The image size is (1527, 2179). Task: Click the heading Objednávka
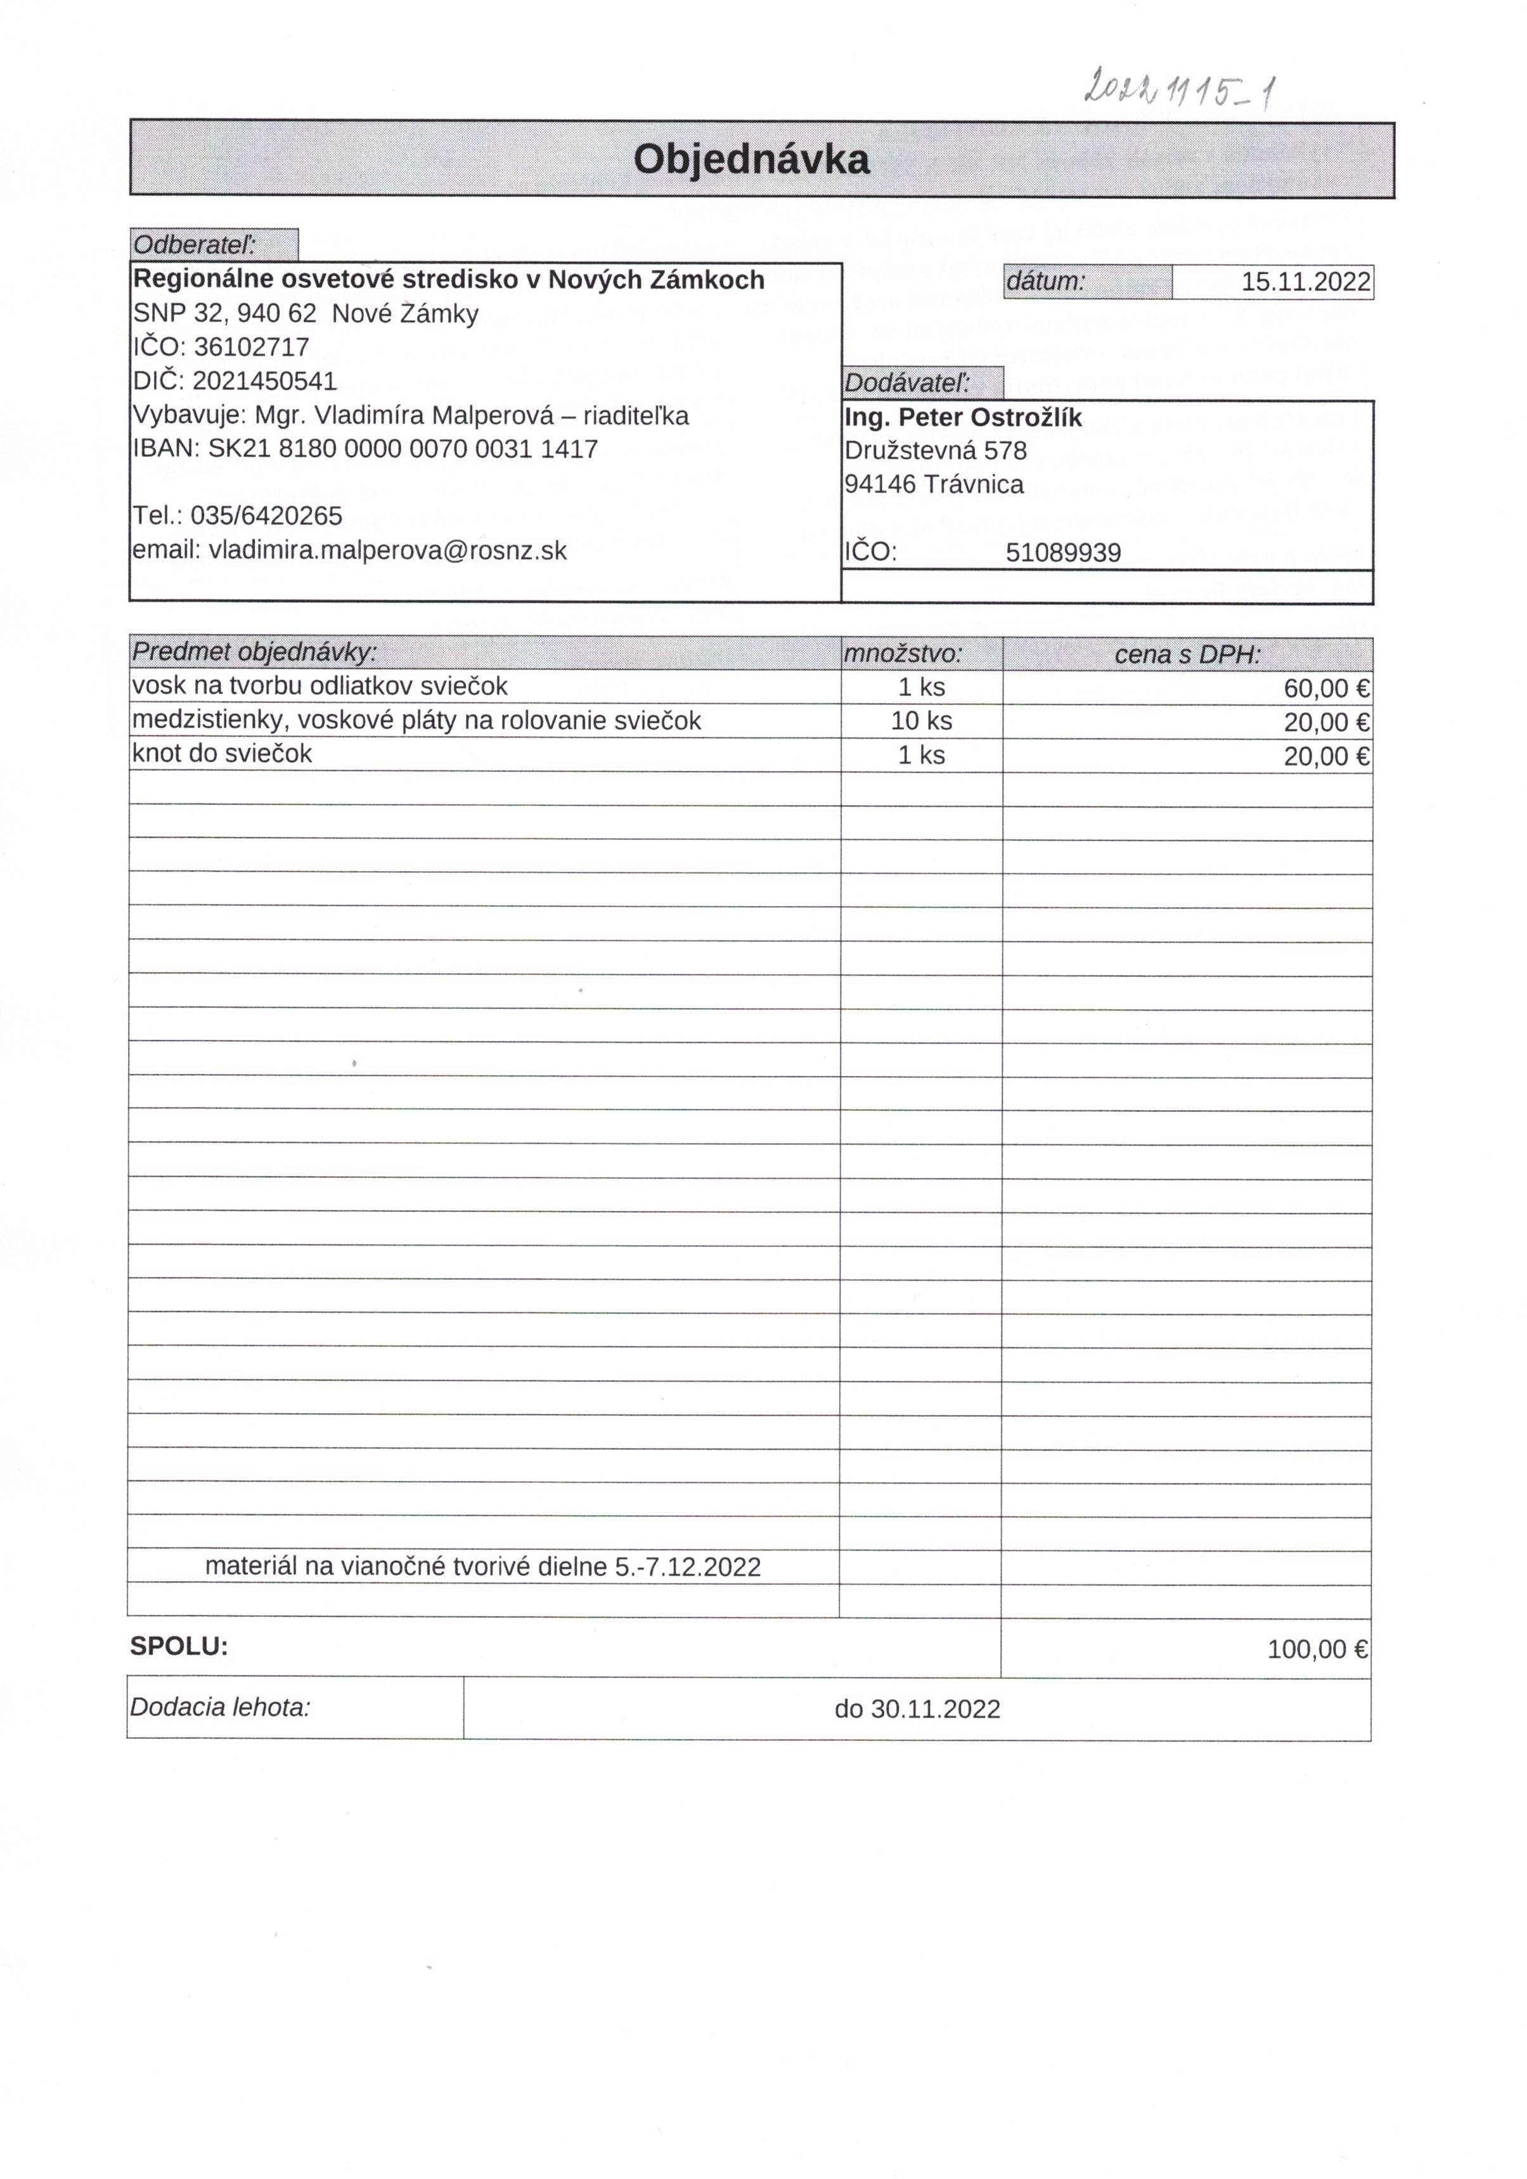pyautogui.click(x=751, y=159)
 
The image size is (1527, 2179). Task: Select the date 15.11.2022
pyautogui.click(x=1305, y=282)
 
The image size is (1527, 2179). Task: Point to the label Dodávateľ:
pyautogui.click(x=907, y=384)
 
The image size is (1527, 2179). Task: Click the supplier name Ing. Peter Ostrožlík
pyautogui.click(x=962, y=418)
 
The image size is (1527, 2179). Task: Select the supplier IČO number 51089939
pyautogui.click(x=1063, y=552)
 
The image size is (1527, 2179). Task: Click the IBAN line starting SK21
pyautogui.click(x=365, y=449)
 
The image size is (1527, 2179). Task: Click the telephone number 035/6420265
pyautogui.click(x=266, y=516)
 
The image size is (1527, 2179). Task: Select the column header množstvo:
pyautogui.click(x=903, y=653)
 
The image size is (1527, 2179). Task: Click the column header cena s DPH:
pyautogui.click(x=1187, y=654)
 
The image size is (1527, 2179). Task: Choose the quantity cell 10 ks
pyautogui.click(x=920, y=721)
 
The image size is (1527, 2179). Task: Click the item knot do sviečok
pyautogui.click(x=222, y=754)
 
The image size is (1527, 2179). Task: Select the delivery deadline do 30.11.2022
pyautogui.click(x=917, y=1709)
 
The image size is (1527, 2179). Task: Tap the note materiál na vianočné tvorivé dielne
pyautogui.click(x=482, y=1567)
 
